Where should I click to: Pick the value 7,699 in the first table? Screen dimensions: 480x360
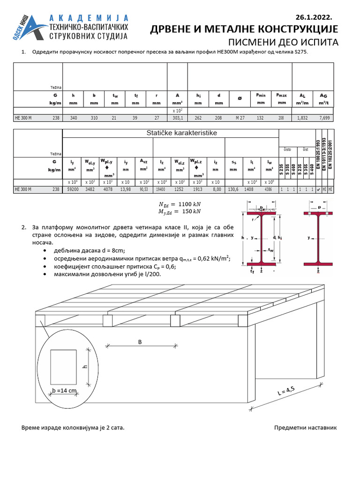tap(323, 118)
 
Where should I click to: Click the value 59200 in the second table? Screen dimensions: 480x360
tap(72, 189)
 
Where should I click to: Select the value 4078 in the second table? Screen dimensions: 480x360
tap(108, 189)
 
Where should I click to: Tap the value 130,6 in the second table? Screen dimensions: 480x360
tap(233, 189)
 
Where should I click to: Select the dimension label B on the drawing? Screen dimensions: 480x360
tap(139, 342)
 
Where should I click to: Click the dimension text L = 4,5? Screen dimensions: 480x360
tap(287, 391)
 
